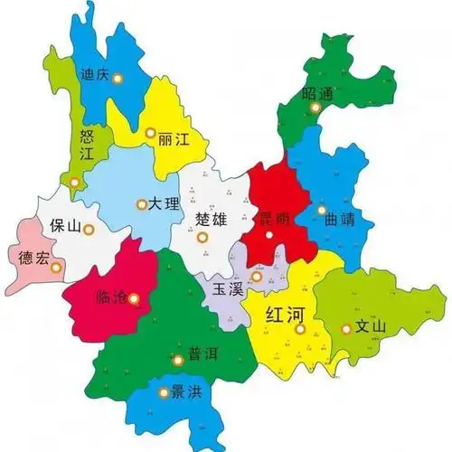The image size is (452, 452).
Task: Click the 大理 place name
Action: (x=166, y=204)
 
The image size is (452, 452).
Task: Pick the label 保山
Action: (x=70, y=225)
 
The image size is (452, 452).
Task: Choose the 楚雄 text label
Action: (x=212, y=219)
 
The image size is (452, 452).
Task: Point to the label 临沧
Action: (x=112, y=296)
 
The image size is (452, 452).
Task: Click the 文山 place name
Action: (x=371, y=327)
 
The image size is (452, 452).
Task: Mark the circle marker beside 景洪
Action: (x=164, y=392)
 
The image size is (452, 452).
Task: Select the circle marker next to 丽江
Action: (x=151, y=133)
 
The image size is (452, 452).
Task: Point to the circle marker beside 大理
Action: (x=141, y=205)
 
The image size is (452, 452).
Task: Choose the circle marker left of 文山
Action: (x=344, y=329)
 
